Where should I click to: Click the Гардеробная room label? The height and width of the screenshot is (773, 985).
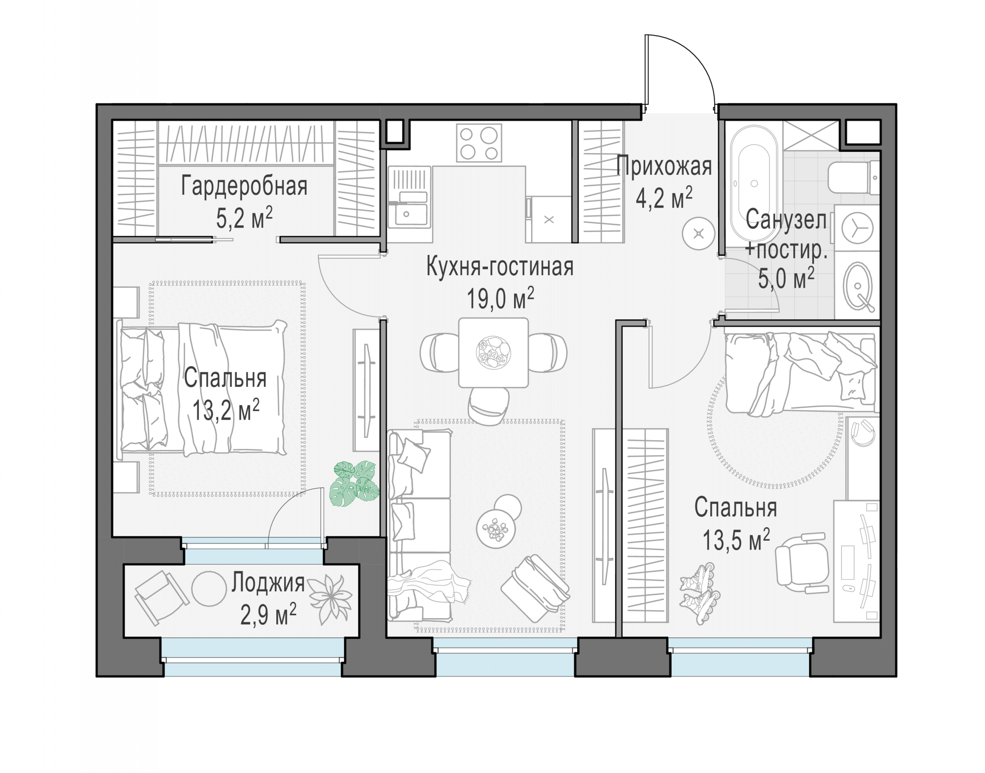244,186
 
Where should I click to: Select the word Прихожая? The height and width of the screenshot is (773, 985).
664,166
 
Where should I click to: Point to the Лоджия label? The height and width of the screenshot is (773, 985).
268,582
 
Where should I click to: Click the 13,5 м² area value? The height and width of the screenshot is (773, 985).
736,540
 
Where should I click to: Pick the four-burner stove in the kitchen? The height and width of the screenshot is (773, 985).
479,143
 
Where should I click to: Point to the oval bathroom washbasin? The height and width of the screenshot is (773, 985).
858,286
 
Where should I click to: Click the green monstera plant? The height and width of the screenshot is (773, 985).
354,484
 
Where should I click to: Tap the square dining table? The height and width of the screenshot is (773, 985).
493,352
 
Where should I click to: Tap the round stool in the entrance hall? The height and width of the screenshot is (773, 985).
699,233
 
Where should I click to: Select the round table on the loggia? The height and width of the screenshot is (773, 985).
209,588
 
